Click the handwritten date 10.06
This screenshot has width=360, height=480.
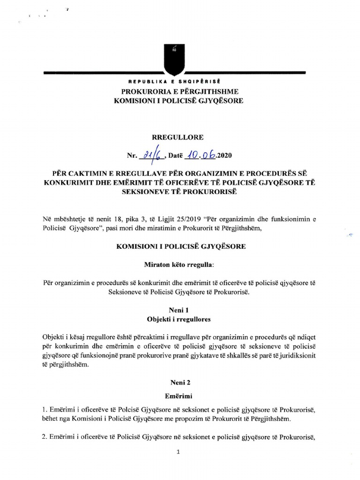(198, 153)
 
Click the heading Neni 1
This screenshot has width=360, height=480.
(178, 311)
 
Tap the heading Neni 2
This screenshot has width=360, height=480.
(178, 382)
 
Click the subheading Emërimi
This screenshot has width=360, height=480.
(178, 396)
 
